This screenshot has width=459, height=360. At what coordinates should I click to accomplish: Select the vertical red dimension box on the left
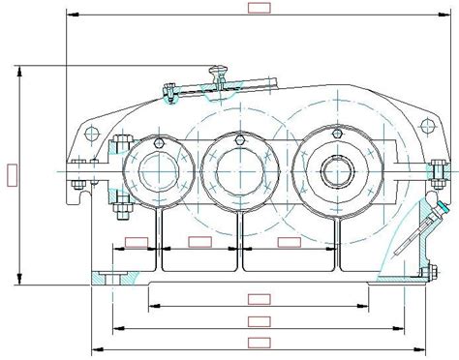click(x=11, y=174)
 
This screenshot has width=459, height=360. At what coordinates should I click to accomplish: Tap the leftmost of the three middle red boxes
click(x=136, y=242)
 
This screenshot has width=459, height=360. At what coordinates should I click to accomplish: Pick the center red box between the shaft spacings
click(x=199, y=241)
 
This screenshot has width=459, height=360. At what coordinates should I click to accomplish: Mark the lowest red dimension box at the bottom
click(x=258, y=343)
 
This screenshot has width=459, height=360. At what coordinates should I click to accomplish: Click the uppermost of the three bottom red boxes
click(x=258, y=299)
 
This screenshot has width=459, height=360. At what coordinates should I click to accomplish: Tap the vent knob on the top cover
click(x=219, y=69)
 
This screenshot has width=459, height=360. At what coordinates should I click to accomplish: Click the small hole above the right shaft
click(x=336, y=134)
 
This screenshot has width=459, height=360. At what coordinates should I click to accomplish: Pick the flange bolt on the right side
click(x=438, y=172)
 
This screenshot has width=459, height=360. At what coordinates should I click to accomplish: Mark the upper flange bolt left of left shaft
click(x=121, y=145)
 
